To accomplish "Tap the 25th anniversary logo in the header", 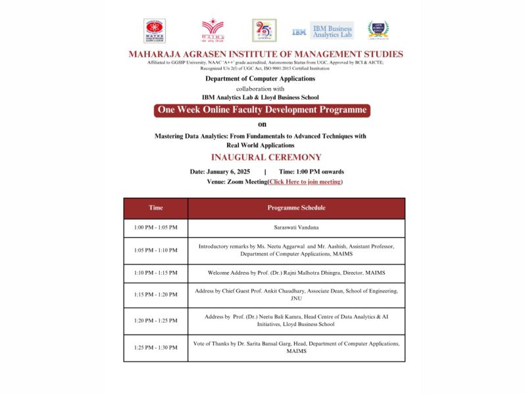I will click(264, 30).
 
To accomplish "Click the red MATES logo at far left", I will click(155, 30).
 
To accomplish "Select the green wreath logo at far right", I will click(378, 30).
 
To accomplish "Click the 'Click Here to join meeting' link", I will click(305, 181).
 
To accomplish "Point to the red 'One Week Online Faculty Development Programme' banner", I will click(262, 110).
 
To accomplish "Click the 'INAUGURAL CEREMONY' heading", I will click(266, 158).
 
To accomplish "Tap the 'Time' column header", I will click(156, 208).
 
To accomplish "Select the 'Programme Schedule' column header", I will click(296, 208).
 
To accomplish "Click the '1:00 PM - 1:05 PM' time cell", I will click(156, 227).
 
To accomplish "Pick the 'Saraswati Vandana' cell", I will click(296, 227).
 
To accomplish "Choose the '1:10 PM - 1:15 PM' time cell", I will click(156, 273).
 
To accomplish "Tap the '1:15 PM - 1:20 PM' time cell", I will click(156, 294).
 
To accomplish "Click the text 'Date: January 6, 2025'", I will click(220, 172).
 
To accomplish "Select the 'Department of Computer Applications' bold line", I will click(260, 79).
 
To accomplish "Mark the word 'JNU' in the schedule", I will click(296, 298).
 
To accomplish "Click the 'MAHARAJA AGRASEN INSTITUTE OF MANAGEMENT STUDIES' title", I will click(266, 54).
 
